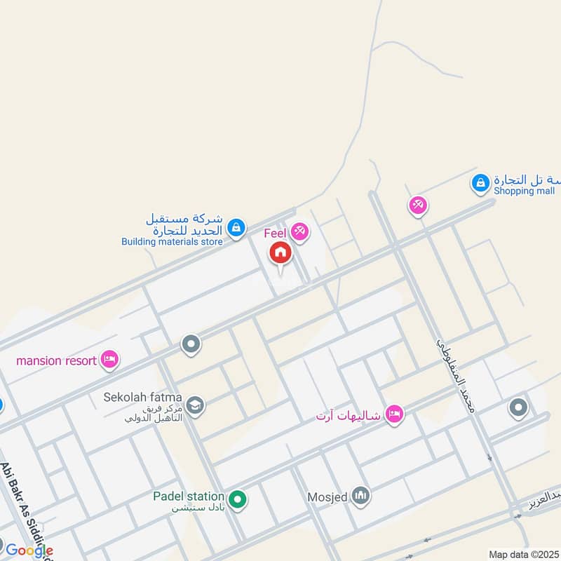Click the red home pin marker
tap(280, 253)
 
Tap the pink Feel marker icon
tap(300, 231)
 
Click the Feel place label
tap(276, 232)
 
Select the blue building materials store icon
tap(236, 226)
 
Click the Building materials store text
tap(172, 242)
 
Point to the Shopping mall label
tap(524, 191)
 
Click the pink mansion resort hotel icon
tap(109, 360)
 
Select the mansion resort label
tap(56, 361)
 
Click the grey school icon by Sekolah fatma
tap(195, 405)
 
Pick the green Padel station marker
tap(238, 499)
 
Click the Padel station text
tap(189, 496)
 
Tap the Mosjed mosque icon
tap(360, 497)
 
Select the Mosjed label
tap(328, 498)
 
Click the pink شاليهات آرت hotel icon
tap(395, 414)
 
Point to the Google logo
tap(29, 550)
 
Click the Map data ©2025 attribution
tap(524, 554)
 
